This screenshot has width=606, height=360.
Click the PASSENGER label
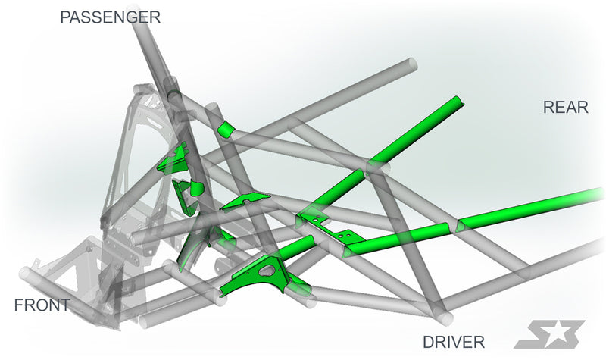tap(110, 17)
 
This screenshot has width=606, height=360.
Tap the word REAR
tap(565, 107)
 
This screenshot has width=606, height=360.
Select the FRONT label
tap(42, 305)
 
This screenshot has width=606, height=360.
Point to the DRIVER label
tap(453, 342)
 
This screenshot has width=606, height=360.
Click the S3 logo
tap(548, 334)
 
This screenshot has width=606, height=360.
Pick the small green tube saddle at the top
tap(225, 129)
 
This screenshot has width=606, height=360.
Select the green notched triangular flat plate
tap(245, 200)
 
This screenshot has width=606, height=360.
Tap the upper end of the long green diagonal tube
tap(460, 101)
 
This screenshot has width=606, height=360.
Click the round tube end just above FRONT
tap(25, 274)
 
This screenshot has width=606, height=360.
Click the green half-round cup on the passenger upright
tap(196, 188)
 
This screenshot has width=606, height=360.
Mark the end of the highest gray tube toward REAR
tap(412, 64)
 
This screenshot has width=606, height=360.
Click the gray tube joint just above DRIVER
tap(443, 316)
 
